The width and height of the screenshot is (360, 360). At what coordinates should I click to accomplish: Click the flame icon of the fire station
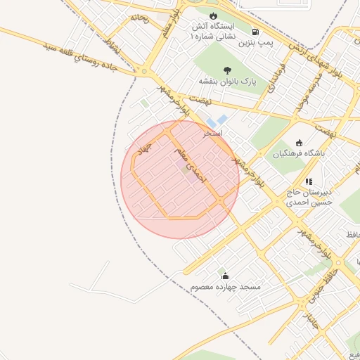point(214,15)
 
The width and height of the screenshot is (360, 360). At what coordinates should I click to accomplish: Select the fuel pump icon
point(254,32)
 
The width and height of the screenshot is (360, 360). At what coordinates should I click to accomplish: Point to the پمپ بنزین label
point(254,44)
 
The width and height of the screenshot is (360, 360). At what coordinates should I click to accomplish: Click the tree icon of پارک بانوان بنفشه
point(227,70)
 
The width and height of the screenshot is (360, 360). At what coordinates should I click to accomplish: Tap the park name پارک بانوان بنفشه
point(228,82)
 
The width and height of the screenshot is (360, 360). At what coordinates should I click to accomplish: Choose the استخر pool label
point(213,132)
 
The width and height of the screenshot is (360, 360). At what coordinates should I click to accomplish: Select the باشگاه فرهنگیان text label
point(300,154)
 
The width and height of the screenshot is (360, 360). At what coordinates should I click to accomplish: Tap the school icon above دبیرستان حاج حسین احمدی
point(309,181)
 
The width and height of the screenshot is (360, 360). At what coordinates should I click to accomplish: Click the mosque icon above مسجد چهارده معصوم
point(225,276)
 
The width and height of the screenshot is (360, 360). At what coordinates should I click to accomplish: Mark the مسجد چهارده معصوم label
point(225,288)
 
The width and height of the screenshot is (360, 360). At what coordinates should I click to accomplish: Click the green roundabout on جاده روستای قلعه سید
point(145,72)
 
